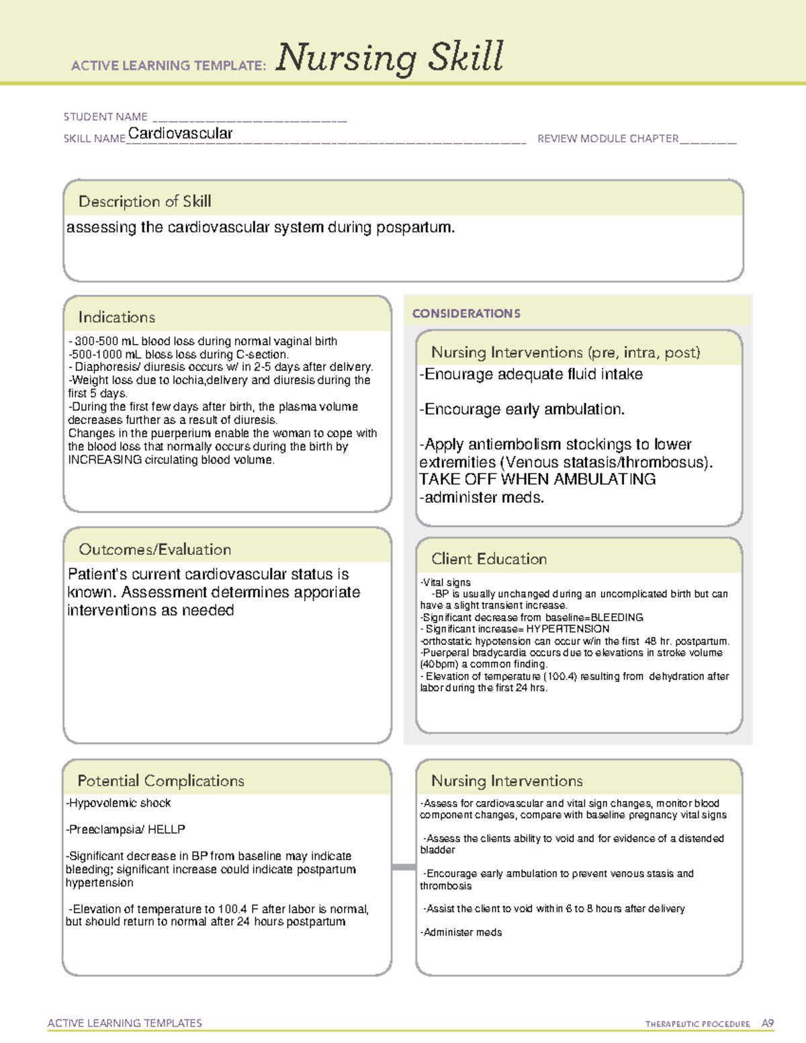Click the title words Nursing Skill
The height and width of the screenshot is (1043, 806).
click(x=389, y=58)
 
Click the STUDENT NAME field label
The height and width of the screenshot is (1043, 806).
click(x=105, y=117)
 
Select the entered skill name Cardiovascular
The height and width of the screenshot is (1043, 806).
click(x=180, y=134)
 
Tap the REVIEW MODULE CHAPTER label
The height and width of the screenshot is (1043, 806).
click(x=608, y=139)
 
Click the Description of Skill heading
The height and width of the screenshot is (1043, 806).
click(x=144, y=201)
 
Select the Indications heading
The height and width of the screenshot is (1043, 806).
click(x=116, y=317)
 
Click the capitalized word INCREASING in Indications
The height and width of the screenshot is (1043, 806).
click(x=105, y=460)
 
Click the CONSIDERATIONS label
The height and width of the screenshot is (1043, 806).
click(x=466, y=314)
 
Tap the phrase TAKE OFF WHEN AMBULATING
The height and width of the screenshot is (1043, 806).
click(x=537, y=480)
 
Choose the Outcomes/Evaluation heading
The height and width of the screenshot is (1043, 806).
click(x=154, y=549)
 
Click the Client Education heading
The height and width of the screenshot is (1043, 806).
click(x=488, y=559)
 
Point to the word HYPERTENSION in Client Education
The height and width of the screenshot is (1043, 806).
click(x=568, y=629)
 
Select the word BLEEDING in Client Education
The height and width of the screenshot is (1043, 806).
click(x=617, y=617)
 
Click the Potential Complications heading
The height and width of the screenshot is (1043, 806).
click(x=161, y=781)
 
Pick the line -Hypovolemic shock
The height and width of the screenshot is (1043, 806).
click(x=118, y=803)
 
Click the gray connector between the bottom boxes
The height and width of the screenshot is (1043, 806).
click(x=403, y=867)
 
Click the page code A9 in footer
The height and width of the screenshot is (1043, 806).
click(x=767, y=1024)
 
